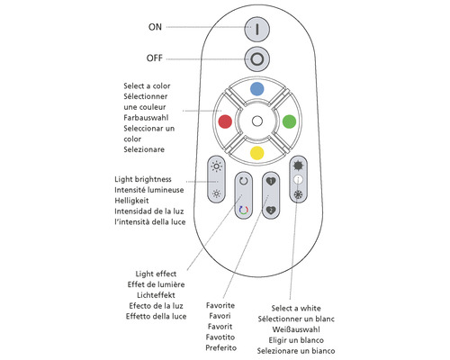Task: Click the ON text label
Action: (156, 27)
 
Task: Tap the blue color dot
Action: (256, 89)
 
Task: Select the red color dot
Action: (225, 121)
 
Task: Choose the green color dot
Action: (288, 121)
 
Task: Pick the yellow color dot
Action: (256, 152)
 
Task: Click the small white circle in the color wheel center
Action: (256, 121)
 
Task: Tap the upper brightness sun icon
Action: (216, 167)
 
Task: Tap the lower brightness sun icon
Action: (216, 193)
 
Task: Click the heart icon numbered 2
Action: (270, 211)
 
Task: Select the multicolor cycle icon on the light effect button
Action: (243, 211)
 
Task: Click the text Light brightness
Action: (148, 180)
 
